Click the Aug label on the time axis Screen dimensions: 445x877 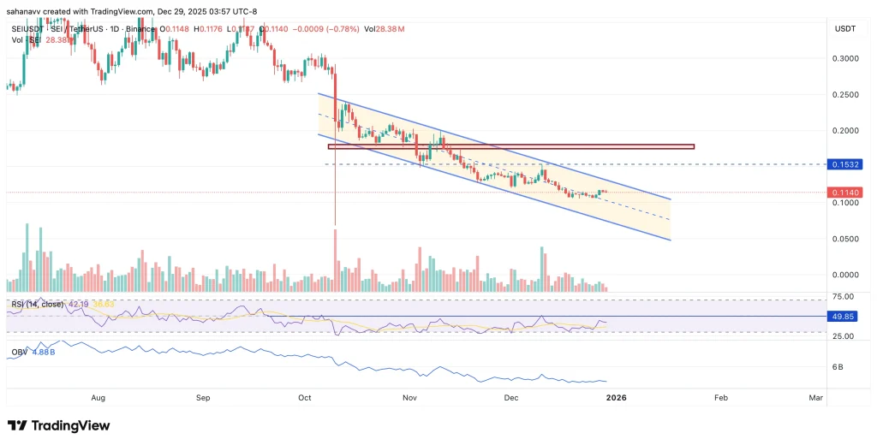[98, 398]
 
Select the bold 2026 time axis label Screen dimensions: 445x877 [616, 398]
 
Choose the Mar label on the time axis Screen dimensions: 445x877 [816, 398]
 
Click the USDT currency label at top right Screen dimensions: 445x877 [844, 29]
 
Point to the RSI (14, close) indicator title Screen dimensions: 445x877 [35, 303]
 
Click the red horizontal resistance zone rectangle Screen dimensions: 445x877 [510, 146]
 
